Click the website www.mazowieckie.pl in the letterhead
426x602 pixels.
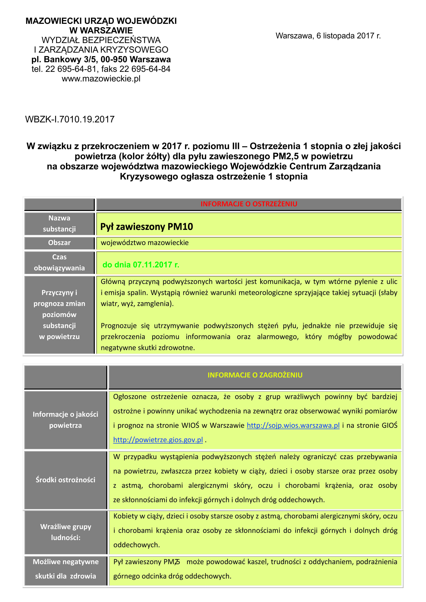pyautogui.click(x=101, y=79)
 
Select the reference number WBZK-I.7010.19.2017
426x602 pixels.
pyautogui.click(x=70, y=119)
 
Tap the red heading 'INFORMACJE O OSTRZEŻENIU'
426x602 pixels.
pyautogui.click(x=249, y=204)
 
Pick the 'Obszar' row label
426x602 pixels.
pyautogui.click(x=59, y=243)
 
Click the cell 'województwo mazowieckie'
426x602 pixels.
pyautogui.click(x=145, y=243)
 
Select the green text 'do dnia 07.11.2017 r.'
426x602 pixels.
pyautogui.click(x=141, y=265)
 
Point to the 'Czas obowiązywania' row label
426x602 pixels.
pyautogui.click(x=59, y=262)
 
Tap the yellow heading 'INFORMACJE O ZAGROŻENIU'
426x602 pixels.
pyautogui.click(x=255, y=375)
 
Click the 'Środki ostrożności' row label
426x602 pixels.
pyautogui.click(x=65, y=480)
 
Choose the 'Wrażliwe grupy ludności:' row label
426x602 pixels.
pyautogui.click(x=66, y=532)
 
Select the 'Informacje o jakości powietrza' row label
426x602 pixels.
pyautogui.click(x=65, y=420)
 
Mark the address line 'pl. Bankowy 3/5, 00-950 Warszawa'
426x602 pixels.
pyautogui.click(x=101, y=59)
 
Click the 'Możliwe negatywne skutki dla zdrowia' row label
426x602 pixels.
pyautogui.click(x=66, y=569)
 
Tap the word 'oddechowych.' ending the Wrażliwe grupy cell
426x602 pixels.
pyautogui.click(x=136, y=545)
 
